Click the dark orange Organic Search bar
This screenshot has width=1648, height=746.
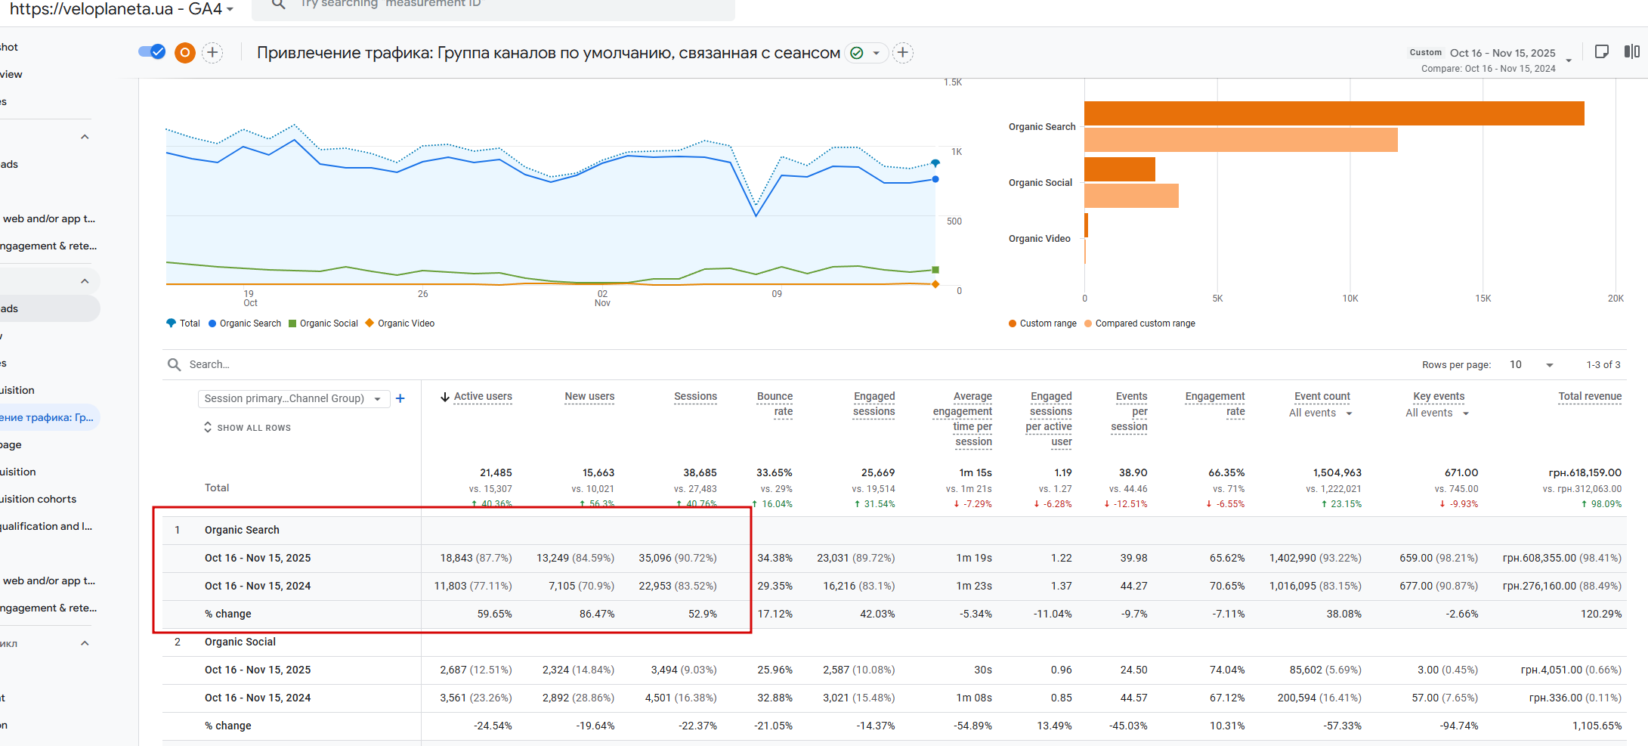(x=1334, y=113)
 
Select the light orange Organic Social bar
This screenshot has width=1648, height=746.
(x=1131, y=196)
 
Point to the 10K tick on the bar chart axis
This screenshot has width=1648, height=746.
(x=1350, y=299)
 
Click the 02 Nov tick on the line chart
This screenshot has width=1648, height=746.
(x=602, y=298)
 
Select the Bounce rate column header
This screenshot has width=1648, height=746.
(x=775, y=404)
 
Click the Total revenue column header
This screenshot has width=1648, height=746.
(x=1589, y=396)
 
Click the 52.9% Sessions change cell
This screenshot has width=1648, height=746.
(x=702, y=614)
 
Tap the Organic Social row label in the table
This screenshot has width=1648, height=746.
(x=240, y=642)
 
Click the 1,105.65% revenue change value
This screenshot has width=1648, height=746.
(x=1597, y=726)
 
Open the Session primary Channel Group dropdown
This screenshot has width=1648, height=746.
(x=293, y=398)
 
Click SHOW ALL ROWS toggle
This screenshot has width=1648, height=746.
(x=247, y=428)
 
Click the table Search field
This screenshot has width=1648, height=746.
(x=302, y=364)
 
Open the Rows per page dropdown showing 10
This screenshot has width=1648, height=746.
(x=1532, y=365)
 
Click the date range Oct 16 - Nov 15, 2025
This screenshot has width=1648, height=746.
(x=1502, y=53)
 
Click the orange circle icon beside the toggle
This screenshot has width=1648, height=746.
(x=185, y=52)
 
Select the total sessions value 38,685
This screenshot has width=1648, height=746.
(x=700, y=472)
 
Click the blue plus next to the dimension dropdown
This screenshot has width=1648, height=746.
(x=400, y=398)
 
